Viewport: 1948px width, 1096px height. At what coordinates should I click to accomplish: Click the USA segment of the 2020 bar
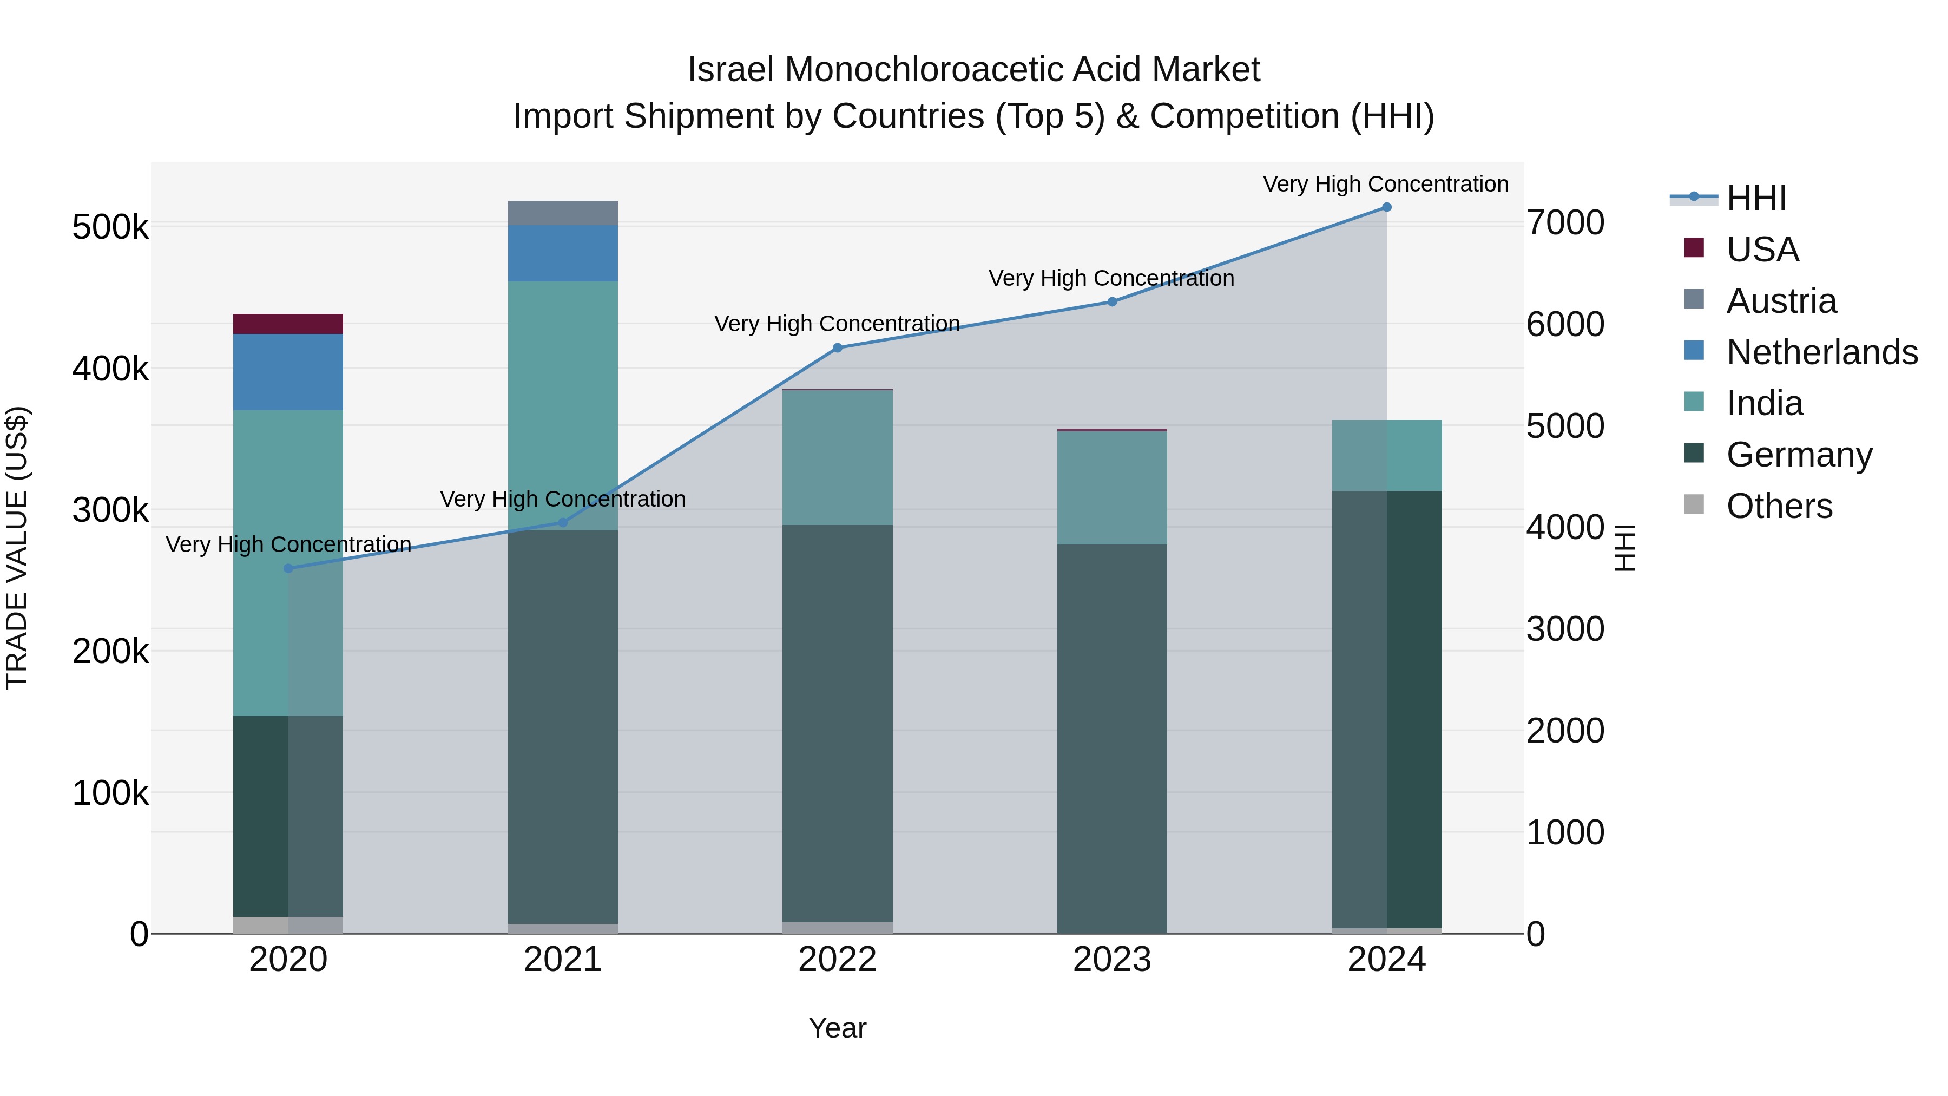pos(287,324)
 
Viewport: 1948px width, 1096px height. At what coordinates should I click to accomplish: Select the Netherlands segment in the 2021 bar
pos(563,253)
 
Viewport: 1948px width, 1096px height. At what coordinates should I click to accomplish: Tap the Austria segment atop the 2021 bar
pos(563,213)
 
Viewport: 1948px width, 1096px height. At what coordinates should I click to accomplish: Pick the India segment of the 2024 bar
pos(1386,455)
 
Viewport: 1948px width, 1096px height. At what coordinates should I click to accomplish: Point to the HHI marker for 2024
pos(1386,207)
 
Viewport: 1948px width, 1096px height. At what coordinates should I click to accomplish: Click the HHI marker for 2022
pos(837,348)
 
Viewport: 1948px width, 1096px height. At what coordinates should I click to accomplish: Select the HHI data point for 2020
pos(288,568)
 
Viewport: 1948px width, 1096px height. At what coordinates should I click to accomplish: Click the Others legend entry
pos(1779,506)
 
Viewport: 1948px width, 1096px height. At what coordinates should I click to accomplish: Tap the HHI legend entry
pos(1756,198)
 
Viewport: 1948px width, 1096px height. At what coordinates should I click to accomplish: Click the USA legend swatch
pos(1694,248)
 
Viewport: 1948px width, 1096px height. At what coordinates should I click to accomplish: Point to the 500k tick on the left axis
pos(110,227)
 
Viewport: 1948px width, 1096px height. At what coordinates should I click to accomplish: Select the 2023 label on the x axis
pos(1111,960)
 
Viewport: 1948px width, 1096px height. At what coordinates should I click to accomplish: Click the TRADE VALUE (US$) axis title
pos(17,548)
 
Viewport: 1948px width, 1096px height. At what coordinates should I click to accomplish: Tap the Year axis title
pos(837,1028)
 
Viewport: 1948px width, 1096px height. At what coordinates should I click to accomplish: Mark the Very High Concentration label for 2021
pos(563,499)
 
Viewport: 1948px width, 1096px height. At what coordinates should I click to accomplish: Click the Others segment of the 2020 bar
pos(287,924)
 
